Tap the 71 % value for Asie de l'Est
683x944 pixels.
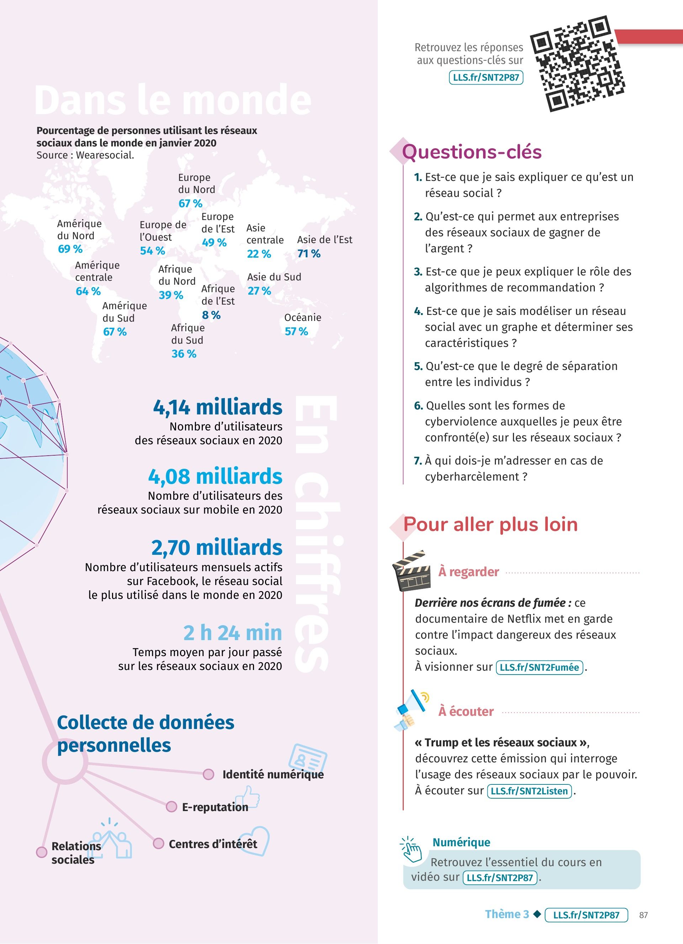(x=309, y=253)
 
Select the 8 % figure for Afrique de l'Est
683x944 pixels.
(x=211, y=315)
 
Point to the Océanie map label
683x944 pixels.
(x=303, y=318)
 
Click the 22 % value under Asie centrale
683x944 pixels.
(x=259, y=254)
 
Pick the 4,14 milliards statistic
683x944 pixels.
(x=218, y=407)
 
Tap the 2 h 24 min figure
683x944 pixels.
(x=232, y=633)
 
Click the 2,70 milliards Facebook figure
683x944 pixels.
(x=217, y=547)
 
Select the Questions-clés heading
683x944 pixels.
(x=471, y=151)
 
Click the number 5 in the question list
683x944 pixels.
(x=418, y=366)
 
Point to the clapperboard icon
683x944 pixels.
(x=412, y=571)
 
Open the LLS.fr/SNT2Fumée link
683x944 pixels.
(x=539, y=667)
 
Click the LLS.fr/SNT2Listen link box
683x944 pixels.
(x=529, y=791)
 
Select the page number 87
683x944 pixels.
(x=644, y=915)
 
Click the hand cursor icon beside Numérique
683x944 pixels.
(x=412, y=849)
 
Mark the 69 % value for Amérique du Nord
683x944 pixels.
(x=70, y=249)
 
